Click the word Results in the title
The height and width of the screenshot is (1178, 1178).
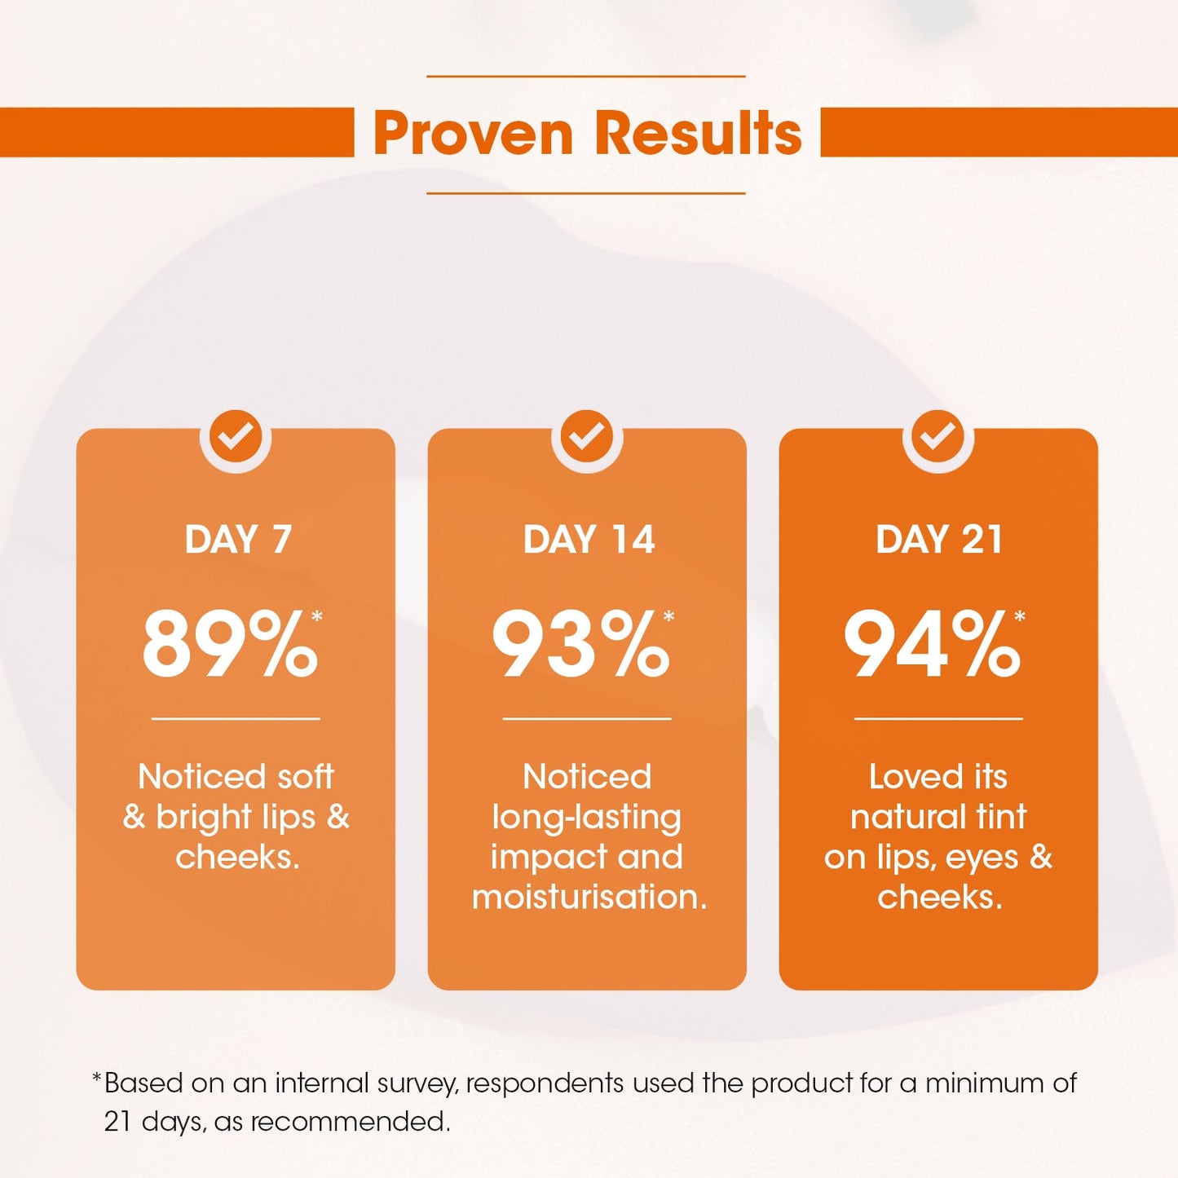pos(698,133)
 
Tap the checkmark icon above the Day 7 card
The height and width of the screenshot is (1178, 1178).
pos(236,436)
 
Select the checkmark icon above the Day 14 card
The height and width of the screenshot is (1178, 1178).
pos(587,436)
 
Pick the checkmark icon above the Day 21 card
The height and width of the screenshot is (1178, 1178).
pos(938,436)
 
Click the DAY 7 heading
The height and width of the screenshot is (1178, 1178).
pos(238,540)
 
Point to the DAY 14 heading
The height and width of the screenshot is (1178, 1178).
pos(589,540)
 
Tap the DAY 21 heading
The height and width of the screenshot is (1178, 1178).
pos(939,540)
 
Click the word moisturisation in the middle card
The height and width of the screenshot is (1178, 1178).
pos(589,898)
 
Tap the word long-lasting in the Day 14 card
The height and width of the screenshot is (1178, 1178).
pos(587,818)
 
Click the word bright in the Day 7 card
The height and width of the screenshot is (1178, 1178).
pos(196,818)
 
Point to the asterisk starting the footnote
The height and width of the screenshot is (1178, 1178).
pos(96,1079)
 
